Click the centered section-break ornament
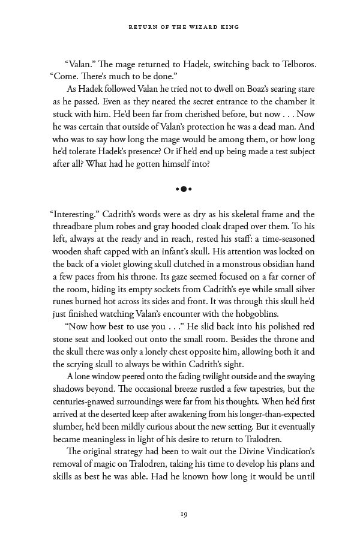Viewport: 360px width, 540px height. pos(184,189)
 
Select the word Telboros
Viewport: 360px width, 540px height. pos(293,64)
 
